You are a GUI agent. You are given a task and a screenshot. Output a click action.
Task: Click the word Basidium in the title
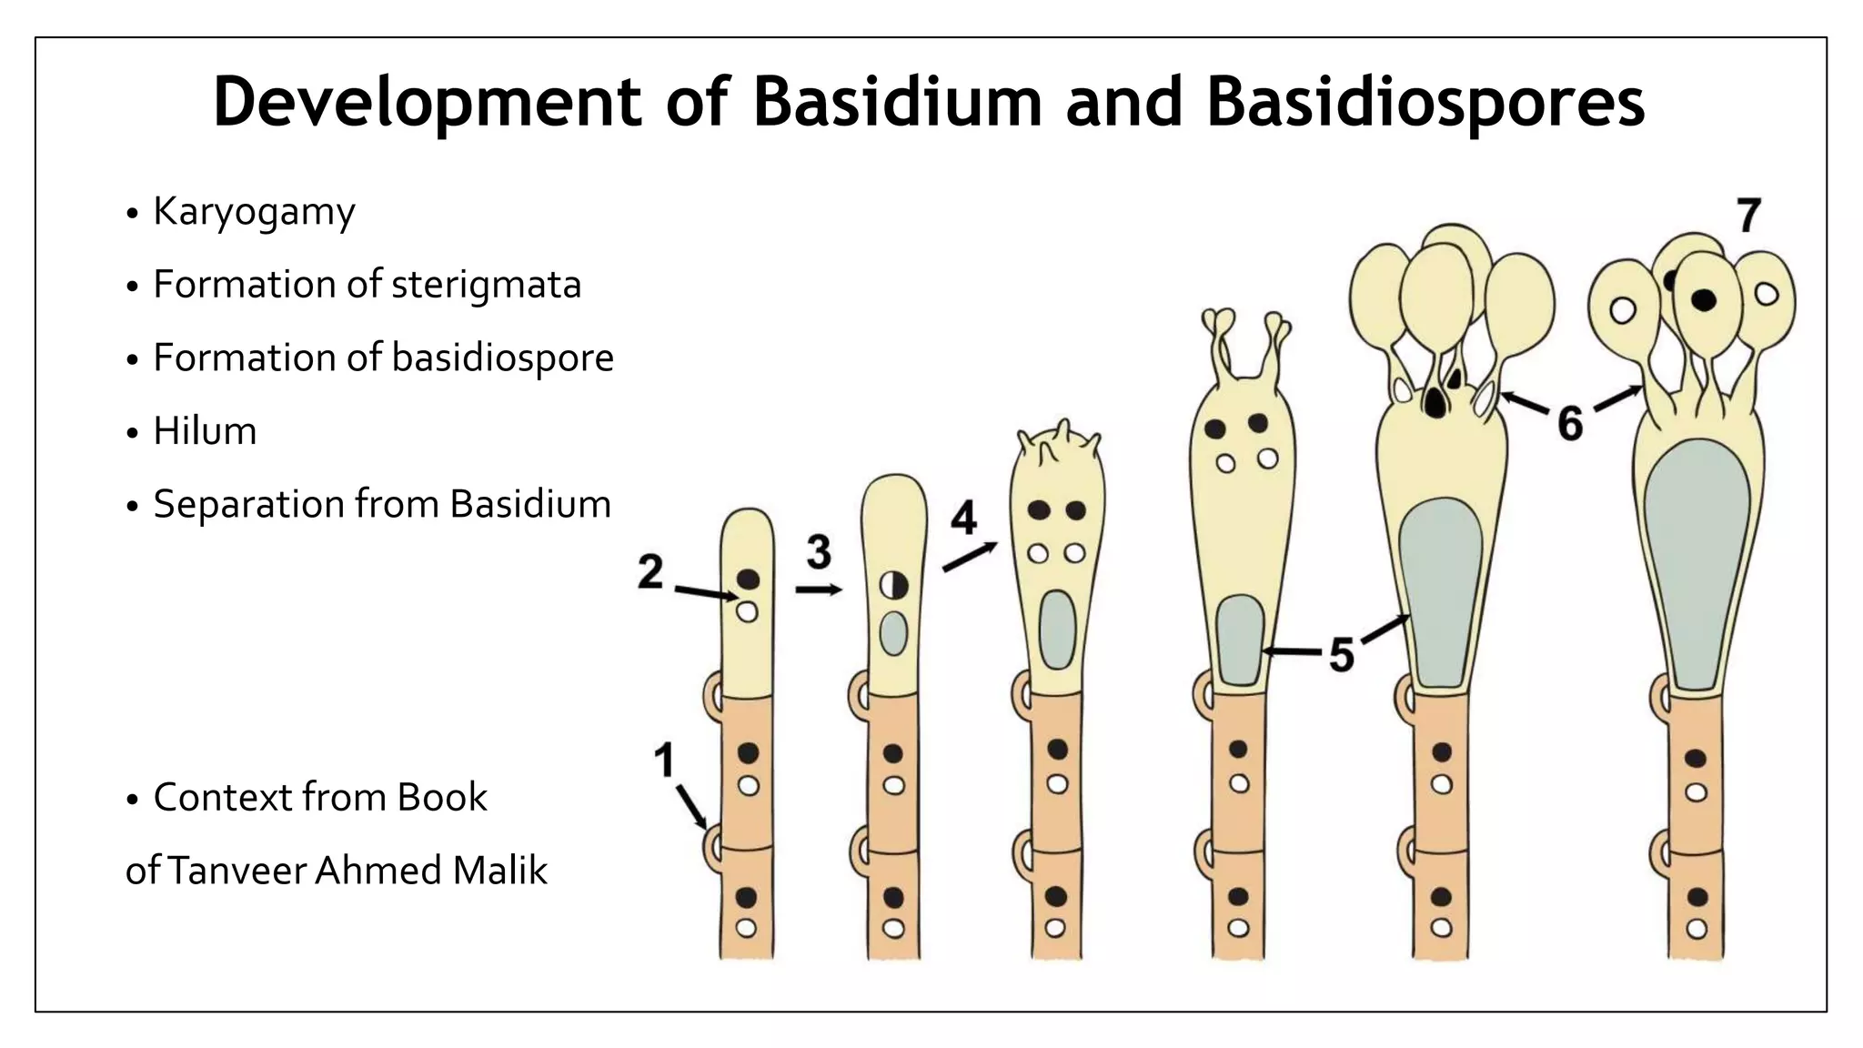(x=896, y=101)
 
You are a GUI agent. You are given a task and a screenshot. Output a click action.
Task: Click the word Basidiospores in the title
(x=1425, y=101)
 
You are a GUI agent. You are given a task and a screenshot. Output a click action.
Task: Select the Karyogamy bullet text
(x=254, y=212)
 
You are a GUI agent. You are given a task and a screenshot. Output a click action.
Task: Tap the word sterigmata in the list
(x=486, y=285)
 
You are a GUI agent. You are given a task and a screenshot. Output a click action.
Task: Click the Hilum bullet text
(x=205, y=431)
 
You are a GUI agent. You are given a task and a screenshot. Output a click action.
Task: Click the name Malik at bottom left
(x=499, y=871)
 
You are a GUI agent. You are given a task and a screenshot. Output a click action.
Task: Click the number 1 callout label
(x=664, y=761)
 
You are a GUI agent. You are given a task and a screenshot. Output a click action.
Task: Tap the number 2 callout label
(x=650, y=572)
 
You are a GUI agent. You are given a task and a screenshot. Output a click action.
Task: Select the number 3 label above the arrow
(x=819, y=551)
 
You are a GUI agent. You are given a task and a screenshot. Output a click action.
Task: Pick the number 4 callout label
(x=963, y=519)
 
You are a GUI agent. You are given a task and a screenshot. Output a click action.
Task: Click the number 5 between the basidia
(x=1342, y=655)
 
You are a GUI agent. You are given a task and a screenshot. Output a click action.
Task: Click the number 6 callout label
(x=1570, y=423)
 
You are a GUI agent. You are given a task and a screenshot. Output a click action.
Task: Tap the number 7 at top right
(x=1748, y=217)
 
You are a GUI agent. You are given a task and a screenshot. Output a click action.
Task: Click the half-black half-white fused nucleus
(x=893, y=585)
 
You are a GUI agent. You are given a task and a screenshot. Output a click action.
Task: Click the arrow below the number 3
(x=819, y=590)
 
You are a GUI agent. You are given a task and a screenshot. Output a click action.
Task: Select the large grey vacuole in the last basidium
(x=1697, y=564)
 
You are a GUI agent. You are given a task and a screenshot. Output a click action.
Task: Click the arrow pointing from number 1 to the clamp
(x=690, y=807)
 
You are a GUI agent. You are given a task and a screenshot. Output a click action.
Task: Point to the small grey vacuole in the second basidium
(x=893, y=633)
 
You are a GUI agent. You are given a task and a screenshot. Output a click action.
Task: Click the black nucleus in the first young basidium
(x=748, y=579)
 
